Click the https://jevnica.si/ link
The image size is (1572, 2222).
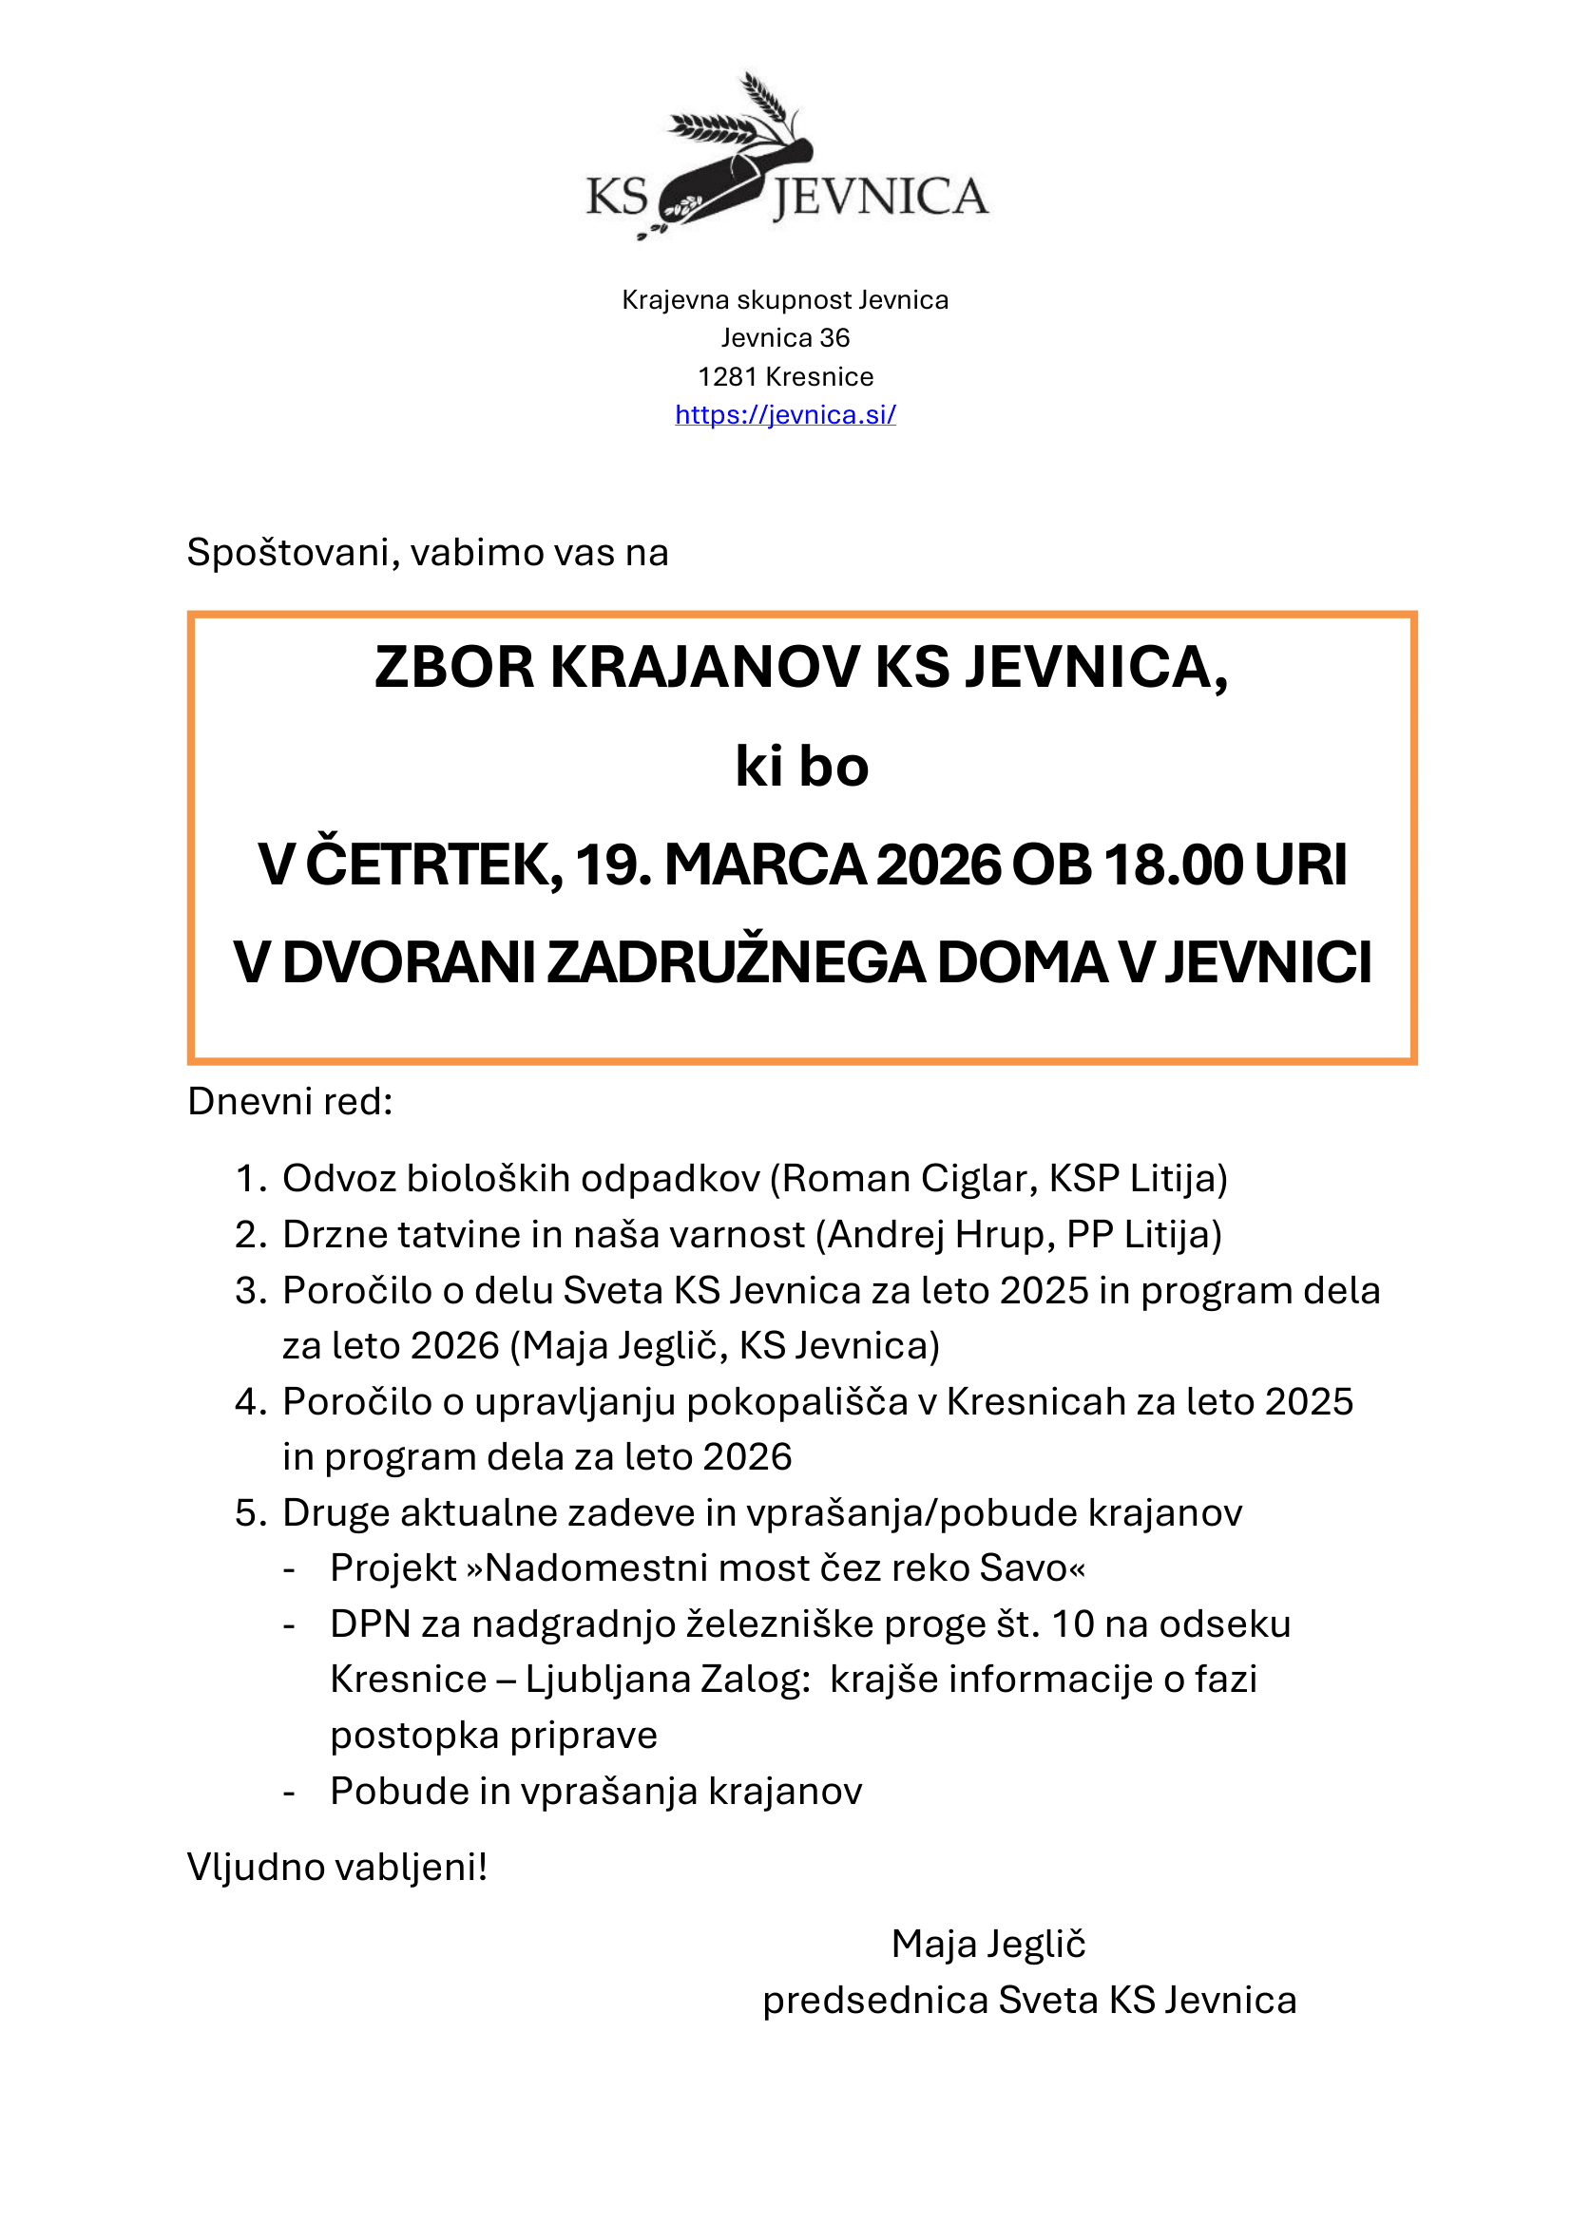tap(785, 414)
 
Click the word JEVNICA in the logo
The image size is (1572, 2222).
tap(880, 198)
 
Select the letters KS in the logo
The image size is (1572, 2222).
tap(617, 198)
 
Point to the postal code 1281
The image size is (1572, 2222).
tap(727, 376)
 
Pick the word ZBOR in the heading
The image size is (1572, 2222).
tap(454, 668)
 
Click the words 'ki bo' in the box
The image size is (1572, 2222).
tap(801, 767)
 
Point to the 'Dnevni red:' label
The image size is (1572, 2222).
tap(291, 1101)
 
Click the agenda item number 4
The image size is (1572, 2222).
tap(249, 1402)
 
